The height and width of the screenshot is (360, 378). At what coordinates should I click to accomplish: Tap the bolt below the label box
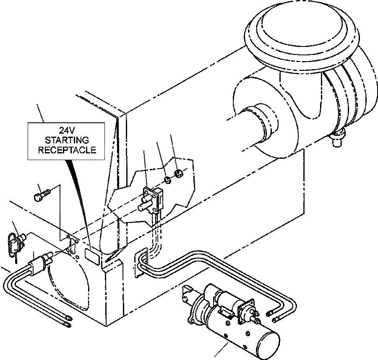[x=41, y=194]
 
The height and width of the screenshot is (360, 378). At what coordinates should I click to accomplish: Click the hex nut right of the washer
[x=178, y=173]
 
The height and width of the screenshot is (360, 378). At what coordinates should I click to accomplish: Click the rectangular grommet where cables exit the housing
[x=141, y=263]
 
